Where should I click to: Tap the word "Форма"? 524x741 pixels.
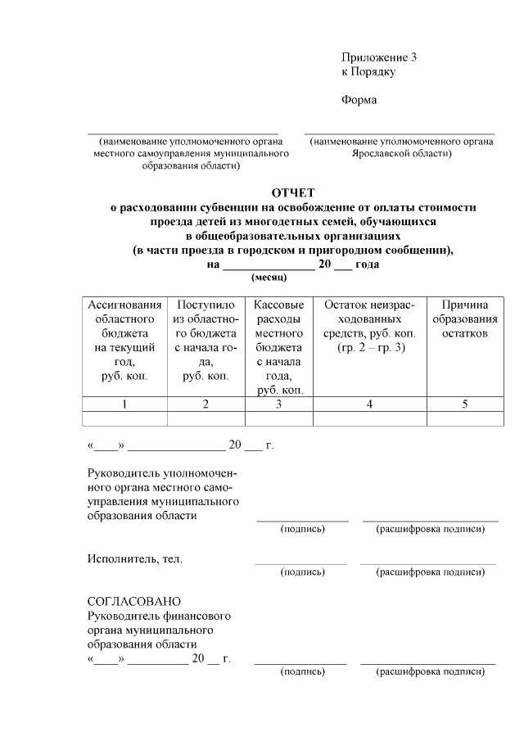tap(359, 101)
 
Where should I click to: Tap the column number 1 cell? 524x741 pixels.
tap(124, 404)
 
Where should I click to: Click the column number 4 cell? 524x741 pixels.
tap(369, 404)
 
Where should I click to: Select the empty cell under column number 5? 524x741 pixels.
tap(465, 418)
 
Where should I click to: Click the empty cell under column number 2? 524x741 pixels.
tap(206, 418)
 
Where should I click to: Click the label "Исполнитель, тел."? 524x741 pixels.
tap(135, 558)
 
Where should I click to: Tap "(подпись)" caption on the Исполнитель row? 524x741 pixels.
tap(302, 572)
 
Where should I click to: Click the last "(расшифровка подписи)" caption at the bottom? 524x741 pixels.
tap(430, 671)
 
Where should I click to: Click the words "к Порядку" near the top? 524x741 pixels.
tap(368, 72)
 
